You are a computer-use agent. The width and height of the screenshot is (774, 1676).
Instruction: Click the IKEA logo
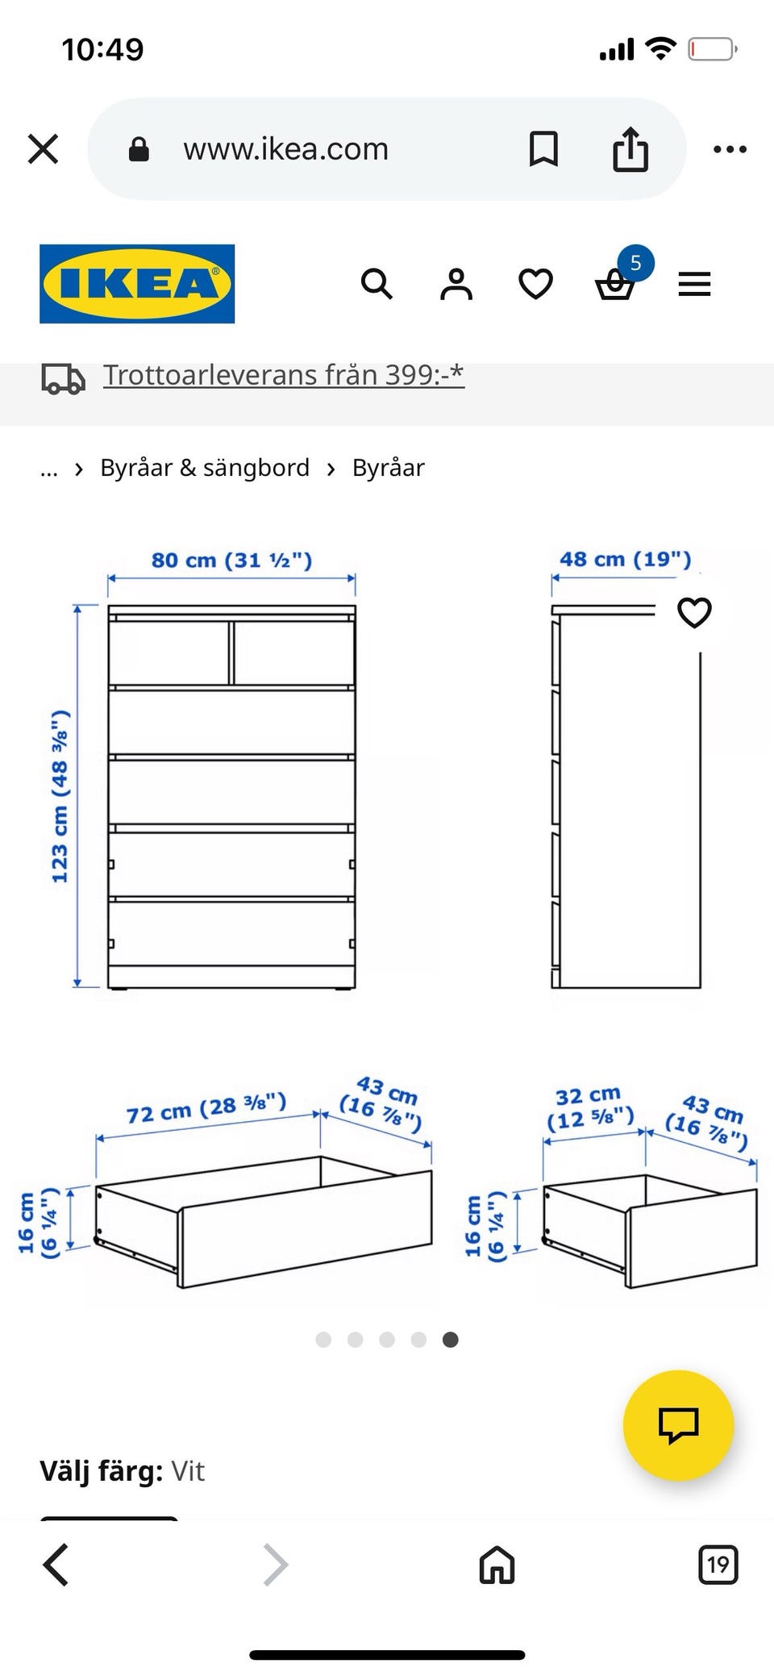137,284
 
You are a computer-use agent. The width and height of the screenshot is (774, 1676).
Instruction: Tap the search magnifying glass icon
377,284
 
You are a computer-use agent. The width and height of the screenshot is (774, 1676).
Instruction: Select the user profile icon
456,284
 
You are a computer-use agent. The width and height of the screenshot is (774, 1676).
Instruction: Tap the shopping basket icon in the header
615,285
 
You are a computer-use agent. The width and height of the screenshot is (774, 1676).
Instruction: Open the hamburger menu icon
694,284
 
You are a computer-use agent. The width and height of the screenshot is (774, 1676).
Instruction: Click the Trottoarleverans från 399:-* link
284,375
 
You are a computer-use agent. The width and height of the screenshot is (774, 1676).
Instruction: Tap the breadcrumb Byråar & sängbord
205,468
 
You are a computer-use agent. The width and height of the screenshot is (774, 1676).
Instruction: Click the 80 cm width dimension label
231,560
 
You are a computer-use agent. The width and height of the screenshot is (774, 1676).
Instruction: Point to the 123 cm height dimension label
60,796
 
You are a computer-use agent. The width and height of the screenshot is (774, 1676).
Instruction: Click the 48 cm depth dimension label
626,559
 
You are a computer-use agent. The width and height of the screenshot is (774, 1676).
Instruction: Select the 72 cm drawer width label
206,1108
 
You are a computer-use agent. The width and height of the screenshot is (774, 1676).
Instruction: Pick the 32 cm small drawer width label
589,1107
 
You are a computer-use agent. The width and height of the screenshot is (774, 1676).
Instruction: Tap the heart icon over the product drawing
694,612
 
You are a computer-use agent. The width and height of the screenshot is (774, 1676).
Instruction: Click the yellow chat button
678,1425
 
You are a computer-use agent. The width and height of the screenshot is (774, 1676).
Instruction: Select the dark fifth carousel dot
451,1340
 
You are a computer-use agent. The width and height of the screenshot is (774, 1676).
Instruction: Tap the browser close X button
43,149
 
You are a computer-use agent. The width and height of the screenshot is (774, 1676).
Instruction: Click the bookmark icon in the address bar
543,149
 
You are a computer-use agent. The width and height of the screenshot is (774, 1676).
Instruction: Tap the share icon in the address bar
630,149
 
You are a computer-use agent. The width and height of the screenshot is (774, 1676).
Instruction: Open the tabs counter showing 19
718,1565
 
